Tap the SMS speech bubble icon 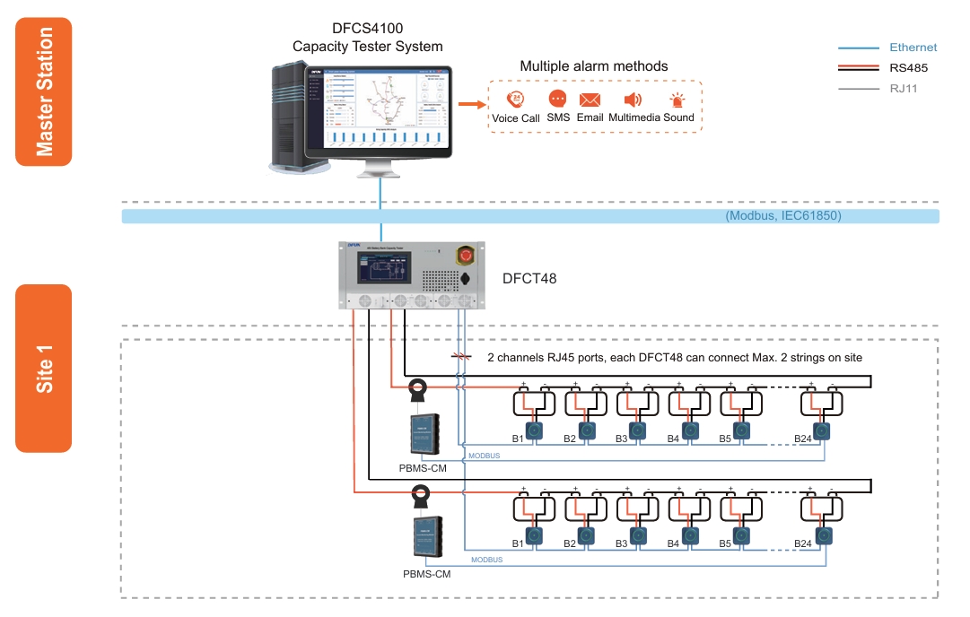(x=557, y=99)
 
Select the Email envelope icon (x=590, y=100)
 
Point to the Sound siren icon (x=677, y=100)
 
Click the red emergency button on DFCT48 (x=466, y=256)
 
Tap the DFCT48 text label (x=529, y=278)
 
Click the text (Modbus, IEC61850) (x=782, y=216)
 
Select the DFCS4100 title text (x=367, y=38)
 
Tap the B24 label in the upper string (x=803, y=439)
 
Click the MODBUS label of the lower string (x=485, y=560)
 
